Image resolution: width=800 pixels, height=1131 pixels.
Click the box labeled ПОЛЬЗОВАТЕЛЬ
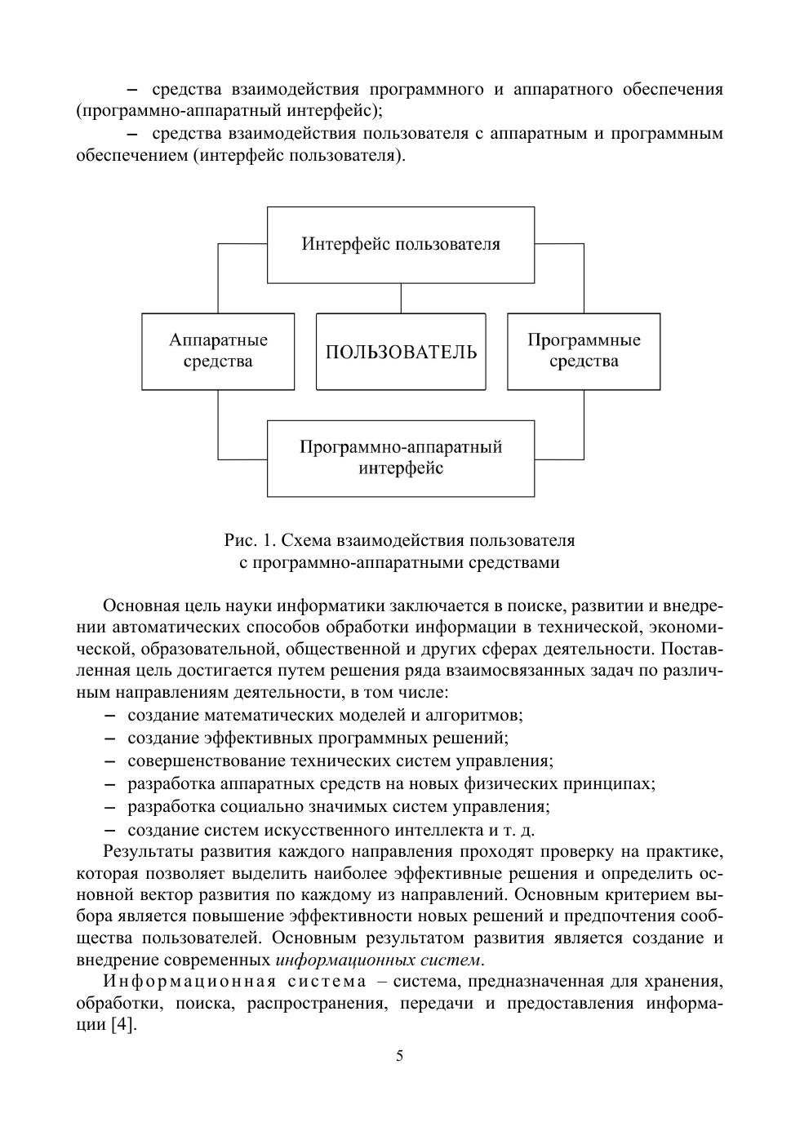pyautogui.click(x=401, y=352)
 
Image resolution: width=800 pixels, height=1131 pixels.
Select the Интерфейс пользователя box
pyautogui.click(x=401, y=244)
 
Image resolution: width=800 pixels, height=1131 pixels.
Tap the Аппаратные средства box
pyautogui.click(x=218, y=351)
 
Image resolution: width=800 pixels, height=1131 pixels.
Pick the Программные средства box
pyautogui.click(x=584, y=351)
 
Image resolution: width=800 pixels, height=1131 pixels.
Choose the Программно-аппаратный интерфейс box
pyautogui.click(x=401, y=458)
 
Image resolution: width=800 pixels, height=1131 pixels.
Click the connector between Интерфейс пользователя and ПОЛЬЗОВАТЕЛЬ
pyautogui.click(x=401, y=298)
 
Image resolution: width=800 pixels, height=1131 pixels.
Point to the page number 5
pyautogui.click(x=400, y=1056)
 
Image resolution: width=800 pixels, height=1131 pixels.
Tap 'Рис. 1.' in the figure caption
pyautogui.click(x=251, y=540)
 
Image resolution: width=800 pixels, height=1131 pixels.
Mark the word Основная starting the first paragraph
pyautogui.click(x=138, y=606)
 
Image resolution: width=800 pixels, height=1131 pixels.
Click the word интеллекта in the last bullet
pyautogui.click(x=440, y=830)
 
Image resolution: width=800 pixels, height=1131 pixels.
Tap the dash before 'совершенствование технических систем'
pyautogui.click(x=110, y=761)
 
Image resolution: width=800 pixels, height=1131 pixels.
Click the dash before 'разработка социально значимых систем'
pyautogui.click(x=110, y=807)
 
